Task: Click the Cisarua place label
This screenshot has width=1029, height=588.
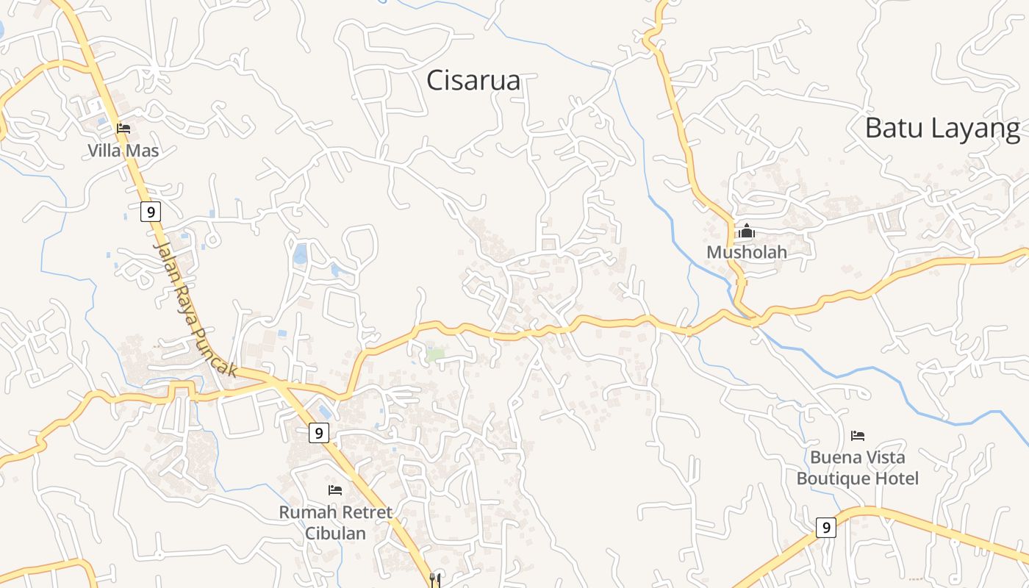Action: coord(473,81)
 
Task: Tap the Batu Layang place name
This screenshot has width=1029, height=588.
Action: coord(942,129)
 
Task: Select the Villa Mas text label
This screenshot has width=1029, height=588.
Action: coord(123,151)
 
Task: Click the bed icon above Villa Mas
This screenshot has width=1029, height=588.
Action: coord(123,129)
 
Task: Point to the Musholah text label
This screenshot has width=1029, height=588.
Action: coord(747,252)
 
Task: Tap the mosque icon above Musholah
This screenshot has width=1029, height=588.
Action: coord(747,232)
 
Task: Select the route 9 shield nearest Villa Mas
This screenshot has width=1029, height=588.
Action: coord(151,212)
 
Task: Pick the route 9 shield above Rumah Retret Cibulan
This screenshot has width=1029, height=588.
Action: coord(318,433)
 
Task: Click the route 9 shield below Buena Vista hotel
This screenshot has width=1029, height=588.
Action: coord(826,527)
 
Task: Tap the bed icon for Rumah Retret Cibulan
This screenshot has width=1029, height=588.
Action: coord(335,490)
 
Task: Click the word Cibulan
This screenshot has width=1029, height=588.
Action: coord(335,533)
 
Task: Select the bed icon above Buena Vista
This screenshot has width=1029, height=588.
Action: coord(858,436)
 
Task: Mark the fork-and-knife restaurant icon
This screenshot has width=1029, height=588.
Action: coord(435,579)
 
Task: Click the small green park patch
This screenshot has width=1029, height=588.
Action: coord(435,354)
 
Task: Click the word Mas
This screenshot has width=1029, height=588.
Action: coord(144,151)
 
